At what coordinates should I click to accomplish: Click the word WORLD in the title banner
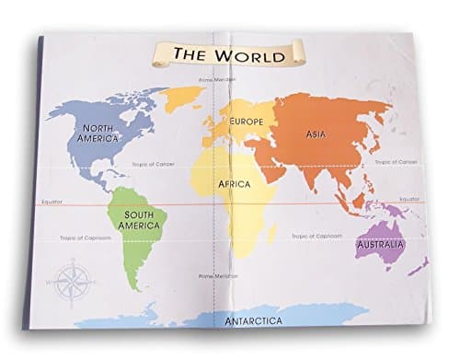pos(251,54)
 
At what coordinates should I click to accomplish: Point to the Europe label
pos(247,122)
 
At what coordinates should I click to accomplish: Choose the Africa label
pos(234,184)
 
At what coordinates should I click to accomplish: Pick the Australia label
pos(379,245)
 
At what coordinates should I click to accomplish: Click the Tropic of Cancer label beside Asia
pos(396,162)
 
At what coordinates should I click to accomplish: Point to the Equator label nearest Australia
pos(408,199)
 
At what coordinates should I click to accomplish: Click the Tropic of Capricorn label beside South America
pos(86,238)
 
